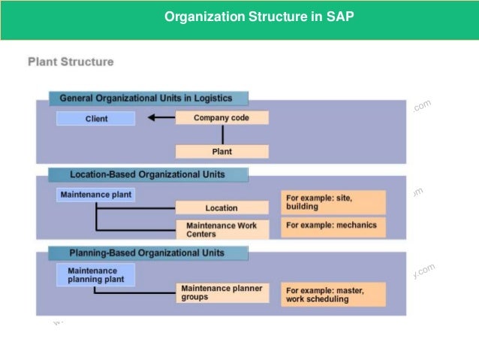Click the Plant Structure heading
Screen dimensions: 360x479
tap(71, 62)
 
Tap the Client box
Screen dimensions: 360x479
tap(96, 119)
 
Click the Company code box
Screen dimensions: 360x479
tap(221, 118)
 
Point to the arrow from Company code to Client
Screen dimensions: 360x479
tap(161, 118)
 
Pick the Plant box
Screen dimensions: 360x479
tap(221, 151)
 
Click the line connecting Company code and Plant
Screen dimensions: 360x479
tap(222, 135)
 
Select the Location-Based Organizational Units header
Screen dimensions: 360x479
tap(147, 174)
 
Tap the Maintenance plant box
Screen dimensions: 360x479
tap(95, 195)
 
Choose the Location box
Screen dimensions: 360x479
tap(221, 207)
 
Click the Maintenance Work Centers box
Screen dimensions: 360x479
tap(221, 229)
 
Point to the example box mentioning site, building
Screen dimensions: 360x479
tap(333, 202)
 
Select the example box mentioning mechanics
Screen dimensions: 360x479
tap(333, 225)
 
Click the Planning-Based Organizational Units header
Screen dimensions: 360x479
tap(147, 253)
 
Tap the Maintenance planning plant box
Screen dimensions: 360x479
tap(95, 274)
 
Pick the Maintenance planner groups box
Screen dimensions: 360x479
tap(221, 292)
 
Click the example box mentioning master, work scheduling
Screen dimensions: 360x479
tap(333, 294)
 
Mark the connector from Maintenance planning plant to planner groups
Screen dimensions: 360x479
tap(135, 292)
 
